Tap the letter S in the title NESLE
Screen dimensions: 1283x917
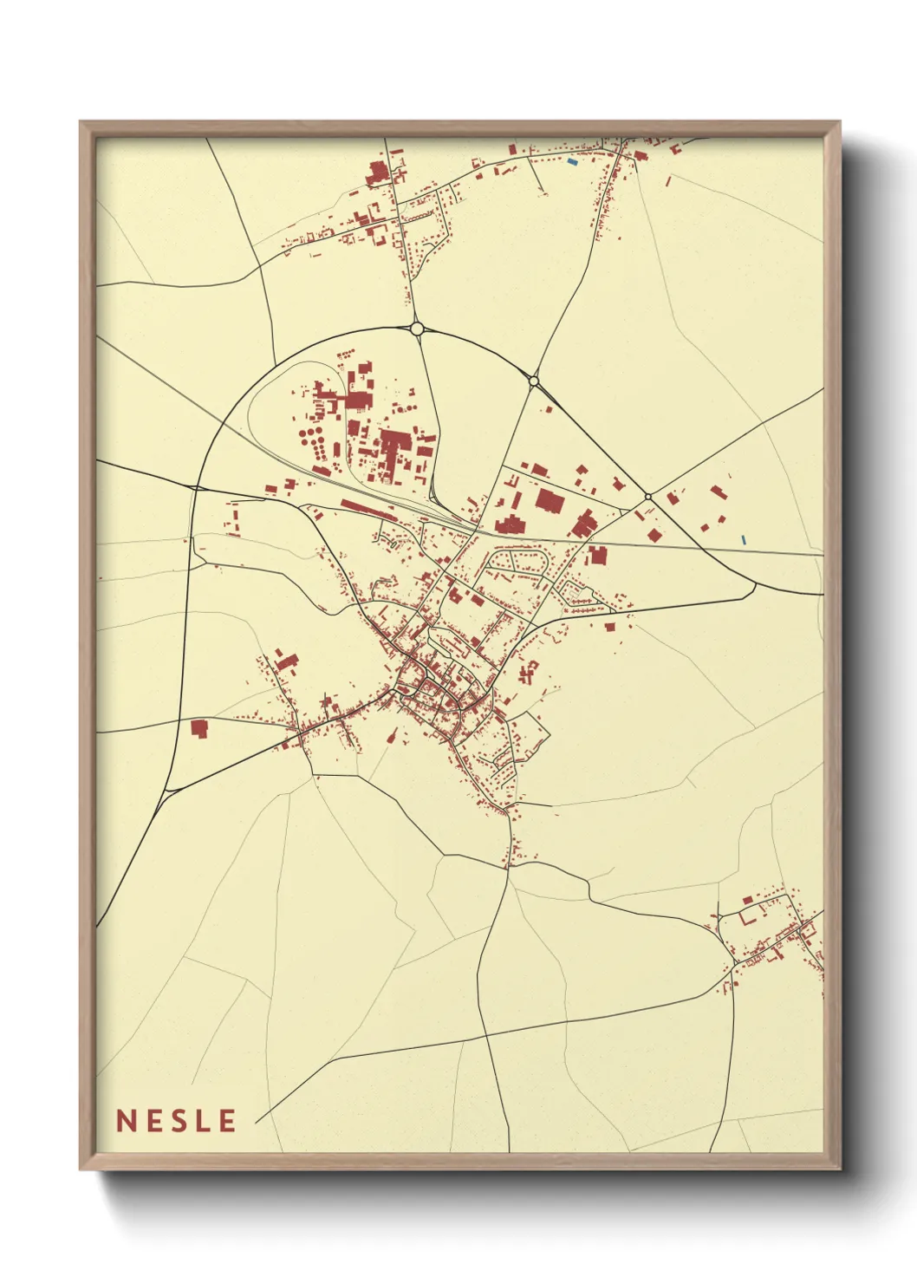177,1121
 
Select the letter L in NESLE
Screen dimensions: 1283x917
203,1121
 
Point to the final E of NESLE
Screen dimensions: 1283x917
227,1121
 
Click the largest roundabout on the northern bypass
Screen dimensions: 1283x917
417,329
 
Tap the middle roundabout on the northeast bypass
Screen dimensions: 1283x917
534,381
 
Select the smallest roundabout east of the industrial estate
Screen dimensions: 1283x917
648,497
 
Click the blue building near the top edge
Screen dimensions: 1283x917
571,161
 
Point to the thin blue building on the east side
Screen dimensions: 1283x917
744,539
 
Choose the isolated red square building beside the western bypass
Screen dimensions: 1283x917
199,728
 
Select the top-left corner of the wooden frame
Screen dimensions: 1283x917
81,122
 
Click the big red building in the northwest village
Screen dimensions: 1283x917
377,173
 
